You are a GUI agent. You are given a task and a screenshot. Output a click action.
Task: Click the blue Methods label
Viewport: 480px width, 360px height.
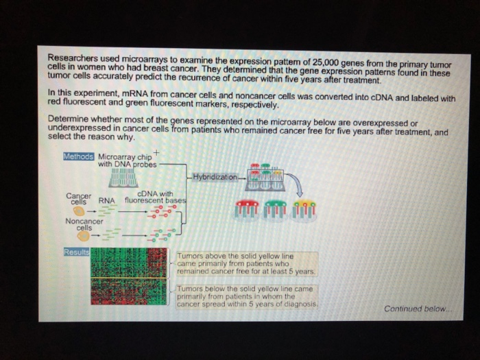77,156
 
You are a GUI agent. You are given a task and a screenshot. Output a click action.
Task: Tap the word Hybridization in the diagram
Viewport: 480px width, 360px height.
215,177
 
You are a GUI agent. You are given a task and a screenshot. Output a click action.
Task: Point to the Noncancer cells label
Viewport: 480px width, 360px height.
84,224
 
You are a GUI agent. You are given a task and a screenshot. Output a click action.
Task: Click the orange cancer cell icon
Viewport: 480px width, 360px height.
81,212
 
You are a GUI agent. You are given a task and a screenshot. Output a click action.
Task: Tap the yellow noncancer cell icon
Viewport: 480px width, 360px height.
83,236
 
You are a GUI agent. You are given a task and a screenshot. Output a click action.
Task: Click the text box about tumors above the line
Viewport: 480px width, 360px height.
246,263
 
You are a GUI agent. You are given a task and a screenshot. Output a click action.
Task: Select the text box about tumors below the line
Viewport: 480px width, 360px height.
246,296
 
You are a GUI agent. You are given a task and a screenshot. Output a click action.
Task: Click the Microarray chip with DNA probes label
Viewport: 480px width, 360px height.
128,160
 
